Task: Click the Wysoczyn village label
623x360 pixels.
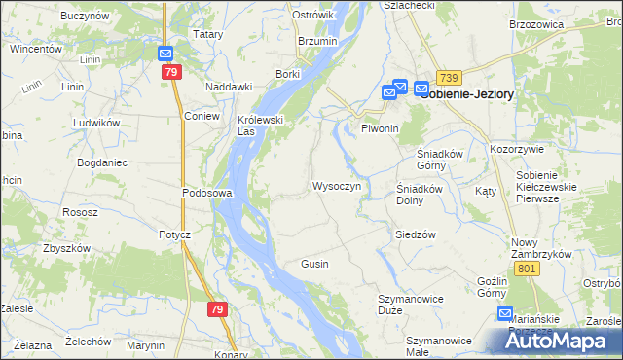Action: (x=337, y=185)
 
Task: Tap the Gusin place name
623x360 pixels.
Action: (x=314, y=264)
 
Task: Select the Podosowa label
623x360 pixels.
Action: (x=206, y=193)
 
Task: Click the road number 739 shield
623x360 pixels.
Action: (x=448, y=78)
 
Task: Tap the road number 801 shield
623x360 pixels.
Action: (x=529, y=269)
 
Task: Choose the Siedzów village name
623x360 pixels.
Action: (x=415, y=234)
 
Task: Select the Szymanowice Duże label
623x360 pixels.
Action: (x=403, y=304)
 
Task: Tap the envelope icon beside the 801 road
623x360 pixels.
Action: (x=505, y=313)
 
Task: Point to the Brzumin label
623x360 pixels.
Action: (x=317, y=42)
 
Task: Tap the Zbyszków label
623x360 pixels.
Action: (x=67, y=248)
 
